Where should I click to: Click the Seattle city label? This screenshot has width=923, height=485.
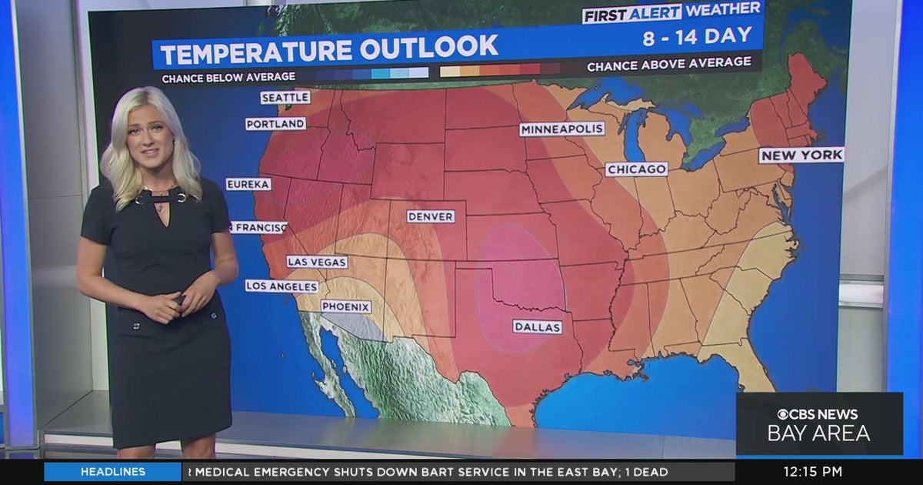coord(285,98)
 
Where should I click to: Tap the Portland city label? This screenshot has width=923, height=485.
coord(275,124)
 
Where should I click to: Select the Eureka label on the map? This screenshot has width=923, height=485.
coord(248,184)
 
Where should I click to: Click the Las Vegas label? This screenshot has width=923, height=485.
coord(317,262)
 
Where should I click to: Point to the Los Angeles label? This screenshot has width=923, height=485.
coord(282,286)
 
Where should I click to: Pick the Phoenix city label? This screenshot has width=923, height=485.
coord(345,306)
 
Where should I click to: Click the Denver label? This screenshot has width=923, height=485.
coord(431,216)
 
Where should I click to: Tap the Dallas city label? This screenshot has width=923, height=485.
coord(538,327)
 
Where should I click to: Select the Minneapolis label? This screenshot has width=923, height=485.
coord(561,129)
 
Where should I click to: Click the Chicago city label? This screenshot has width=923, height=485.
coord(636,169)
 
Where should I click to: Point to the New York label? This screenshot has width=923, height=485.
coord(801,156)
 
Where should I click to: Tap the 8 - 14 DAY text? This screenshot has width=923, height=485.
coord(697,35)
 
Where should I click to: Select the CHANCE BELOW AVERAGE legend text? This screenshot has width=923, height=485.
coord(228,77)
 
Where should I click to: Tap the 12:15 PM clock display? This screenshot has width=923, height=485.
coord(813,472)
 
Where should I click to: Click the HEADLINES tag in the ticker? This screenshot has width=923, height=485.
coord(112,472)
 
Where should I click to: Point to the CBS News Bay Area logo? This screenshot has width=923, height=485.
coord(818,424)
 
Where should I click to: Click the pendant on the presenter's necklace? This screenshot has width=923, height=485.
coord(160,207)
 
